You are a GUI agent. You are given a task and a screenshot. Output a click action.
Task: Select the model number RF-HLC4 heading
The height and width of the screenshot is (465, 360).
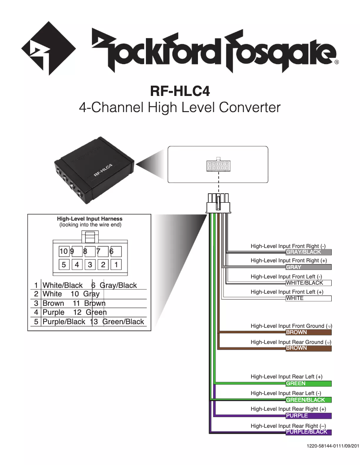point(180,91)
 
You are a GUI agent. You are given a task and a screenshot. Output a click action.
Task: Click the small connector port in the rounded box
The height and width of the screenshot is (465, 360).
point(218,166)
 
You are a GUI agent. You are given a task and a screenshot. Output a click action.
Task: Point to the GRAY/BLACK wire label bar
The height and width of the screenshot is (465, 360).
point(308,252)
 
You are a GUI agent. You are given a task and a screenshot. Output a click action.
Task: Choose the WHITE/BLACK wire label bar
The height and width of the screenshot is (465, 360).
point(308,283)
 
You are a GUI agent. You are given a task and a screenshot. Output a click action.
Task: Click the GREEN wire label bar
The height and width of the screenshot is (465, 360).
point(308,383)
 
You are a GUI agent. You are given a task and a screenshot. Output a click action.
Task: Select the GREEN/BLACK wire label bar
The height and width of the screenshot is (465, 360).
point(308,400)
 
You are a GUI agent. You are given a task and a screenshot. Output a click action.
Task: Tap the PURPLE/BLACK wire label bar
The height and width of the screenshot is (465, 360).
point(308,432)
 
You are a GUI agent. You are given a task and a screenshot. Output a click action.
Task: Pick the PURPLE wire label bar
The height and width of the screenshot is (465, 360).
point(308,416)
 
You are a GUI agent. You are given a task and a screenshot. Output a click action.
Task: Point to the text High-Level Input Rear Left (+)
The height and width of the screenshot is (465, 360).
point(286,377)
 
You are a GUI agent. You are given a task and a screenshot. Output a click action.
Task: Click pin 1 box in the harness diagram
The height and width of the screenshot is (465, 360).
point(116,265)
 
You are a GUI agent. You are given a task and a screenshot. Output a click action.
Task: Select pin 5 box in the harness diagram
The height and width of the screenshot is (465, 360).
point(64,265)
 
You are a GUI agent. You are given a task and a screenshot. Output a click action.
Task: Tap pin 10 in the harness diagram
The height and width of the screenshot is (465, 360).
point(63,252)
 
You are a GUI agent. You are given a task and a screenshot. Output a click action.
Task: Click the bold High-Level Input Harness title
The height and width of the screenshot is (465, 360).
point(90,219)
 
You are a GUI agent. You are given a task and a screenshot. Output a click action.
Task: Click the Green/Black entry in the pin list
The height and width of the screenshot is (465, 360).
point(123,322)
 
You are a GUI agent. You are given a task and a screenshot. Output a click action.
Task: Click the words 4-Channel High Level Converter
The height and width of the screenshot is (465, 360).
point(180,108)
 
